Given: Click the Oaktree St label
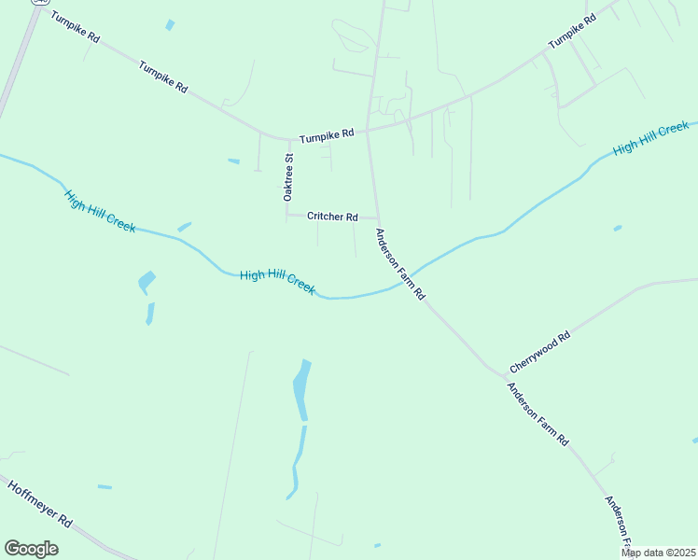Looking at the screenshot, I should coord(288,177).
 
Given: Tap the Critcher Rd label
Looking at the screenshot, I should coord(332,217).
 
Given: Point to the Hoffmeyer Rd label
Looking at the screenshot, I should coord(40,504).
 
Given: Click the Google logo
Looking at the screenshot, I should coord(31,549).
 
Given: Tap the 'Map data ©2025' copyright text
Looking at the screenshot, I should coord(658,553).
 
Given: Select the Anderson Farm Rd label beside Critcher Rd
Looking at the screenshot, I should coord(400,264).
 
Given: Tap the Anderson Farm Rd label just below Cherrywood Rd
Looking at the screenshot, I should coord(537,414).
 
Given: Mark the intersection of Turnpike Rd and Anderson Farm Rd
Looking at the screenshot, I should coord(368,130).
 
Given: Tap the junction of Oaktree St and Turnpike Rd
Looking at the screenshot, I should coord(286,140).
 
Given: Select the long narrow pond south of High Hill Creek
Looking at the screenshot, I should coord(300,390).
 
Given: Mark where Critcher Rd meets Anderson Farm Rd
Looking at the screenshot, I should coord(376,217).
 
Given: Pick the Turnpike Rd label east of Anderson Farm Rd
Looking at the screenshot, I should coord(572,32).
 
